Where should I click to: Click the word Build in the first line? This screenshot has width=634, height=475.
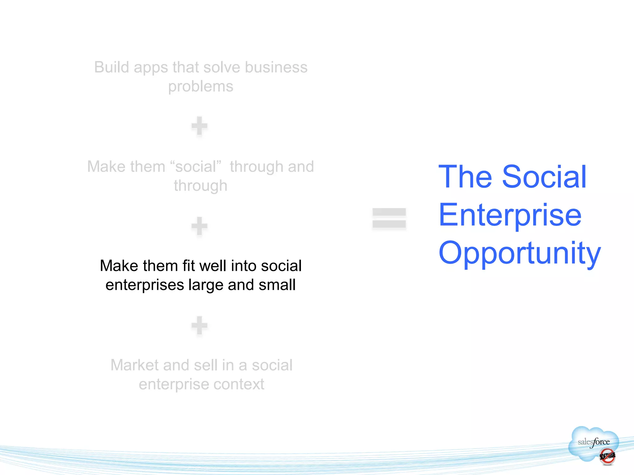point(112,67)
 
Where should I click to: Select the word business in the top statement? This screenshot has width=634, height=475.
point(276,67)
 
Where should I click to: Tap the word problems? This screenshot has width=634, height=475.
point(201,87)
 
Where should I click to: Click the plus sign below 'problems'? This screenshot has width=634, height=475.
point(199,126)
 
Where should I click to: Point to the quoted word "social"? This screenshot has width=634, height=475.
point(196,167)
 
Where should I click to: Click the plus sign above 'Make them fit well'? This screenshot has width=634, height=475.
point(199,226)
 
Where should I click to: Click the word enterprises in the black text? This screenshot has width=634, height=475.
point(145,285)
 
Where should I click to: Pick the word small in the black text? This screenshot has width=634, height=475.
point(277,285)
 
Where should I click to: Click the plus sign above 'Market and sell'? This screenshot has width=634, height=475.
point(199,325)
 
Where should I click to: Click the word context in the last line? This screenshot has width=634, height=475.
point(239,384)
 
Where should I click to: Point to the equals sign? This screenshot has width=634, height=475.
point(389,218)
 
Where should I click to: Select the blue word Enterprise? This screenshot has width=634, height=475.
point(510,215)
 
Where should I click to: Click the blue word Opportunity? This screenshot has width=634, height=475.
point(519,253)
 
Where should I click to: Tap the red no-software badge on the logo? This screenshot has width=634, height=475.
point(607,456)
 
